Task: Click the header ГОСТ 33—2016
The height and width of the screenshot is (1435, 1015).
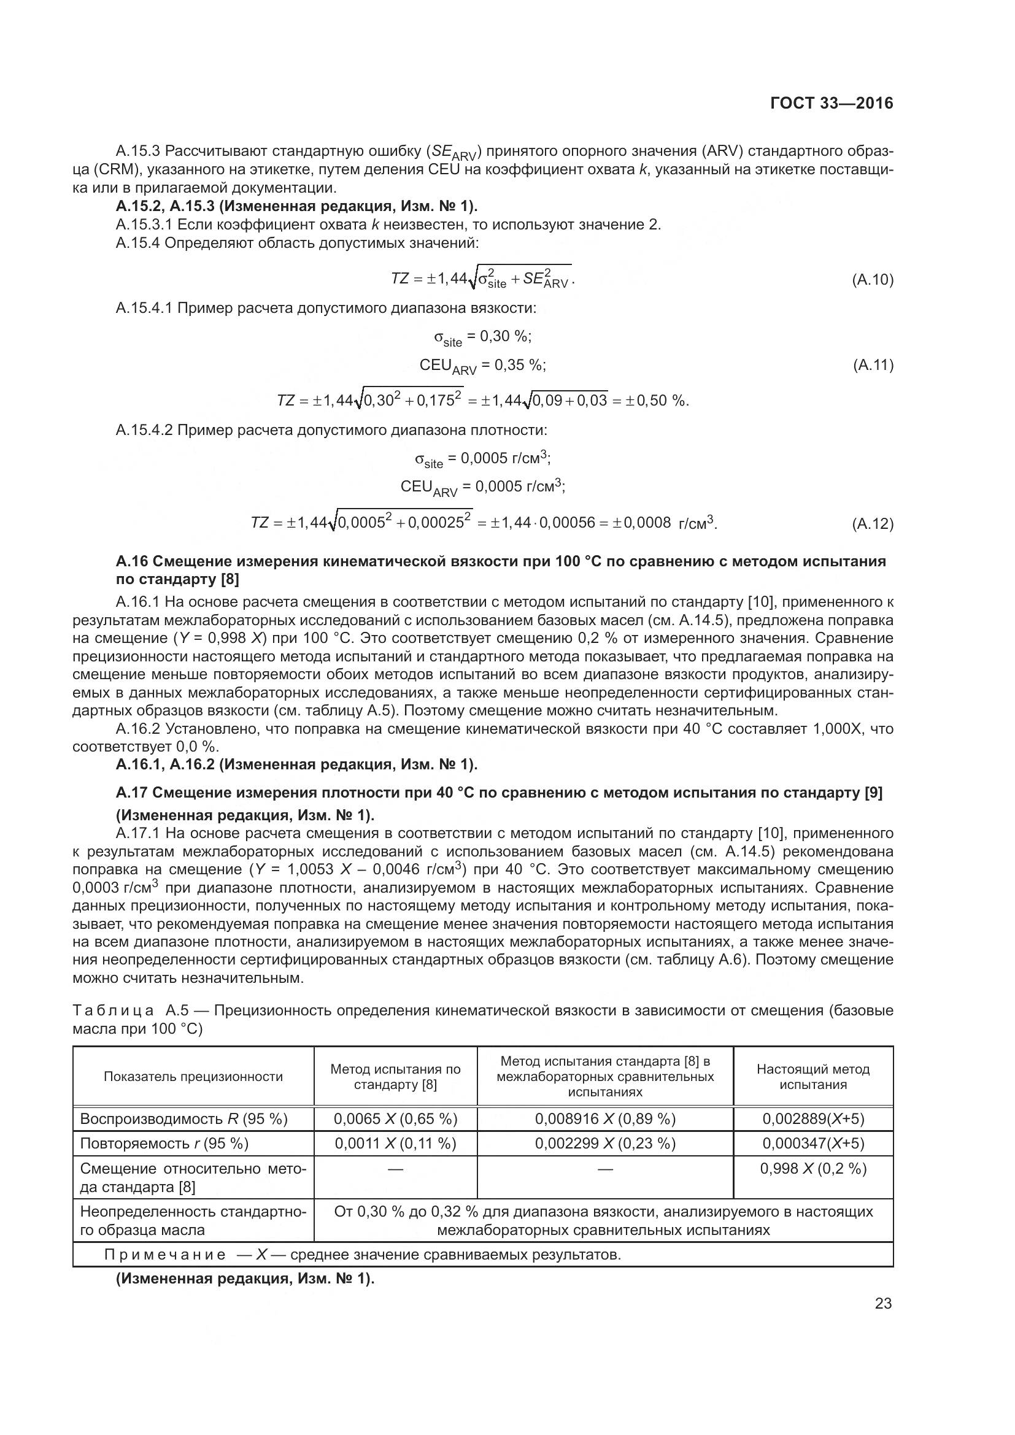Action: (832, 103)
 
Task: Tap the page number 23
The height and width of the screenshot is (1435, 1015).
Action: (883, 1303)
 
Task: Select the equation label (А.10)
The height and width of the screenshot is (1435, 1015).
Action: (873, 279)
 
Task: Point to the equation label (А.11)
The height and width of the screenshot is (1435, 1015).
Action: (873, 365)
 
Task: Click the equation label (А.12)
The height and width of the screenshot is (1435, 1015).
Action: (873, 524)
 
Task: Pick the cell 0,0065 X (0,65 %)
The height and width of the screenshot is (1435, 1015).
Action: (395, 1119)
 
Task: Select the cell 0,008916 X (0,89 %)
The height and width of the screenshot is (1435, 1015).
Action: (604, 1119)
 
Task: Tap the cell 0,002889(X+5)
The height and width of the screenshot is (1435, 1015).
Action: (813, 1119)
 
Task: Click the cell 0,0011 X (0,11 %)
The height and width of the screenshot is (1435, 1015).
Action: (395, 1143)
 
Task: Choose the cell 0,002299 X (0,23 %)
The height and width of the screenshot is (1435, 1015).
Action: (604, 1143)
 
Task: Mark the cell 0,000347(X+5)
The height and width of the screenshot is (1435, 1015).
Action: (813, 1143)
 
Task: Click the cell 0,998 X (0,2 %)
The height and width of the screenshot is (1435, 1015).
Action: (813, 1168)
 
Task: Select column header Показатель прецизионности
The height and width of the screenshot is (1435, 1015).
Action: (193, 1076)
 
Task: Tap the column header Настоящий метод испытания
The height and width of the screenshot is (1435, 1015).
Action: (813, 1076)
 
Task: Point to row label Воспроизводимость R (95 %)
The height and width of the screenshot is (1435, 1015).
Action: (183, 1119)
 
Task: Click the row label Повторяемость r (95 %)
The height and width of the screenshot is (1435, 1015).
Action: (164, 1143)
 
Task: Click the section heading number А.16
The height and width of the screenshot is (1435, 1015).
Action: (132, 561)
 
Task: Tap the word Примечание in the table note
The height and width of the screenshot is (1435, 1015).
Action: (165, 1255)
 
